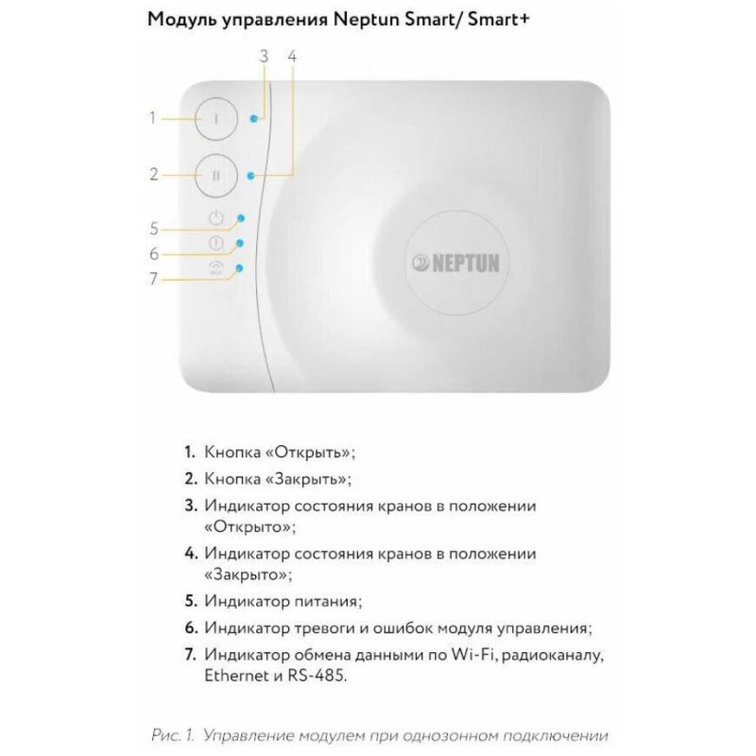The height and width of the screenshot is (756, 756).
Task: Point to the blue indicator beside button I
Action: click(253, 119)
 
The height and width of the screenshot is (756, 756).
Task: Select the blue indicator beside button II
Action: click(250, 176)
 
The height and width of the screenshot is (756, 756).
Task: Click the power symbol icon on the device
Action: click(216, 217)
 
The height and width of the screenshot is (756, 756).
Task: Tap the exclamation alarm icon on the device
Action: click(216, 243)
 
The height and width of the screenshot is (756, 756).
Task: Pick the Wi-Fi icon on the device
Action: click(216, 268)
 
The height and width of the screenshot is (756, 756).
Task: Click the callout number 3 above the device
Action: click(264, 57)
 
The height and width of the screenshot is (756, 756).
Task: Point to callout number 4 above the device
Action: click(292, 57)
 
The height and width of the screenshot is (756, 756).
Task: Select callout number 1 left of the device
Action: click(153, 117)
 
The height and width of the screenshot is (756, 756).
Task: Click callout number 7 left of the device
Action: click(153, 279)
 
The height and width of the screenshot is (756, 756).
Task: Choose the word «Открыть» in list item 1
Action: click(311, 453)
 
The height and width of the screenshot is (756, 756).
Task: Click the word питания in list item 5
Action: click(328, 601)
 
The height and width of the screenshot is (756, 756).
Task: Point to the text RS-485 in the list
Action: click(318, 675)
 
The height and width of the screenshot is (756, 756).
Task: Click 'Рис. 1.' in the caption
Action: click(173, 735)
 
